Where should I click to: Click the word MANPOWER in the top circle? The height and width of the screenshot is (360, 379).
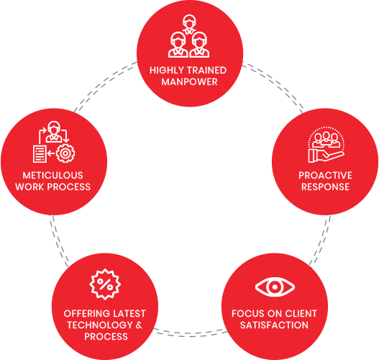click(190, 82)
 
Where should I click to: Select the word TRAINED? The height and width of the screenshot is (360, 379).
click(207, 71)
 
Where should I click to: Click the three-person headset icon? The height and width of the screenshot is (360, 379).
click(188, 36)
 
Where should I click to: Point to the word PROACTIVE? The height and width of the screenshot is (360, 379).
click(325, 176)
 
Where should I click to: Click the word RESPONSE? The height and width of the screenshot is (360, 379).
click(325, 186)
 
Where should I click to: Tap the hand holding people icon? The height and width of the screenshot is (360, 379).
click(327, 145)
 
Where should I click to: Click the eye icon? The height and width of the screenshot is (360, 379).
click(275, 287)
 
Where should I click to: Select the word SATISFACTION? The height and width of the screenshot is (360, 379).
click(274, 325)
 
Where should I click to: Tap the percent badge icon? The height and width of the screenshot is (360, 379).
click(105, 284)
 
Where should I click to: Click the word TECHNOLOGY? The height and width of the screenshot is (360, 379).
click(100, 325)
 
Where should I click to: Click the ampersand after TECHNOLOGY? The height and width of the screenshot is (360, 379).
click(139, 325)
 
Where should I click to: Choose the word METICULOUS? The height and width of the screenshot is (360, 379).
click(53, 176)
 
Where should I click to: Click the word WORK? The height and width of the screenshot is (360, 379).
click(29, 186)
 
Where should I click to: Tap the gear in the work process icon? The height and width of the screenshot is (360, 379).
click(65, 153)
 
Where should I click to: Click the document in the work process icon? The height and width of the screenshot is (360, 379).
click(40, 154)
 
